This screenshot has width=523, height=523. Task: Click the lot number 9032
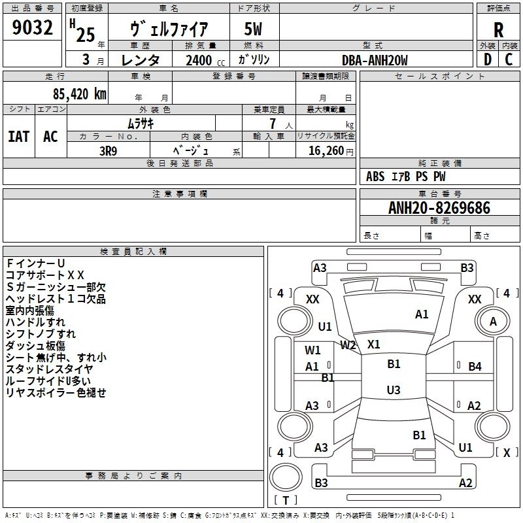(x=32, y=27)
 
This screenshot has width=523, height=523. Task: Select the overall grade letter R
(x=498, y=30)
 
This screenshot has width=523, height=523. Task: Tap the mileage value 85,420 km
(x=80, y=94)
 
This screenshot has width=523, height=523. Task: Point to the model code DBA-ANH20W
(x=375, y=60)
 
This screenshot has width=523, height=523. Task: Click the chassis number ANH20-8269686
(x=439, y=208)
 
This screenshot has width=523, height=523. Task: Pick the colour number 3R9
(x=109, y=151)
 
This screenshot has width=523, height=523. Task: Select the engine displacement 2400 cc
(x=205, y=60)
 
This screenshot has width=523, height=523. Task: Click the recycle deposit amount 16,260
(x=326, y=151)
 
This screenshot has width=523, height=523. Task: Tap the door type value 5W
(x=253, y=29)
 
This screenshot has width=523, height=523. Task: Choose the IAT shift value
(x=19, y=137)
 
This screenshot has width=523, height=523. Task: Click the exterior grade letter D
(x=488, y=59)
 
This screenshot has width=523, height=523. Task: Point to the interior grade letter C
(x=509, y=59)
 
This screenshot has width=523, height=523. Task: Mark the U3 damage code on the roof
(x=394, y=390)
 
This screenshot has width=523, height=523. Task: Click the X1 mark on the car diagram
(x=373, y=344)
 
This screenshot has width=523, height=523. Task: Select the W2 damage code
(x=348, y=345)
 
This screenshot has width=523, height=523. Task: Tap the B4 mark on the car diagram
(x=475, y=367)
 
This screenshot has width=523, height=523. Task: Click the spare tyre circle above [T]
(x=286, y=477)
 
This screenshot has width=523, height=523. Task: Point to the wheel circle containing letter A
(x=493, y=322)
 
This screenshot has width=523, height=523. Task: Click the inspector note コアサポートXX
(x=45, y=275)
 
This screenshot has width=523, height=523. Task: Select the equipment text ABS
(x=375, y=177)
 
